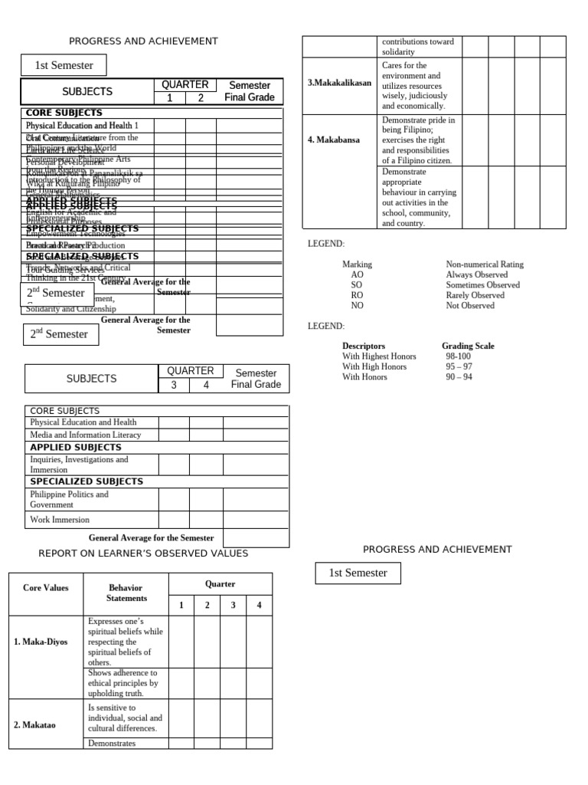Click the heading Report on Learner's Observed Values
(x=143, y=553)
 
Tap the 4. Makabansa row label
(x=334, y=140)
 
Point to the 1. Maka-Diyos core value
(x=41, y=642)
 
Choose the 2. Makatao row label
(x=34, y=723)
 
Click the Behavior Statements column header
(x=126, y=593)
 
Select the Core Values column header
(x=45, y=588)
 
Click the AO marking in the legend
(x=357, y=274)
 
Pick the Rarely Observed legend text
(x=475, y=295)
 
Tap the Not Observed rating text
(x=470, y=305)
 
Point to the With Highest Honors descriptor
(x=379, y=356)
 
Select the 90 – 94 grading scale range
(x=459, y=377)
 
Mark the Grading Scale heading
(x=468, y=346)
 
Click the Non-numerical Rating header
(x=485, y=264)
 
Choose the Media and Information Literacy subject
(x=85, y=435)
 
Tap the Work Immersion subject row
(x=60, y=520)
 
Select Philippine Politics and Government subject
(x=69, y=499)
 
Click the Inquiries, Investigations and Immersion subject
(x=79, y=464)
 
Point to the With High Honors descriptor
(x=374, y=366)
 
